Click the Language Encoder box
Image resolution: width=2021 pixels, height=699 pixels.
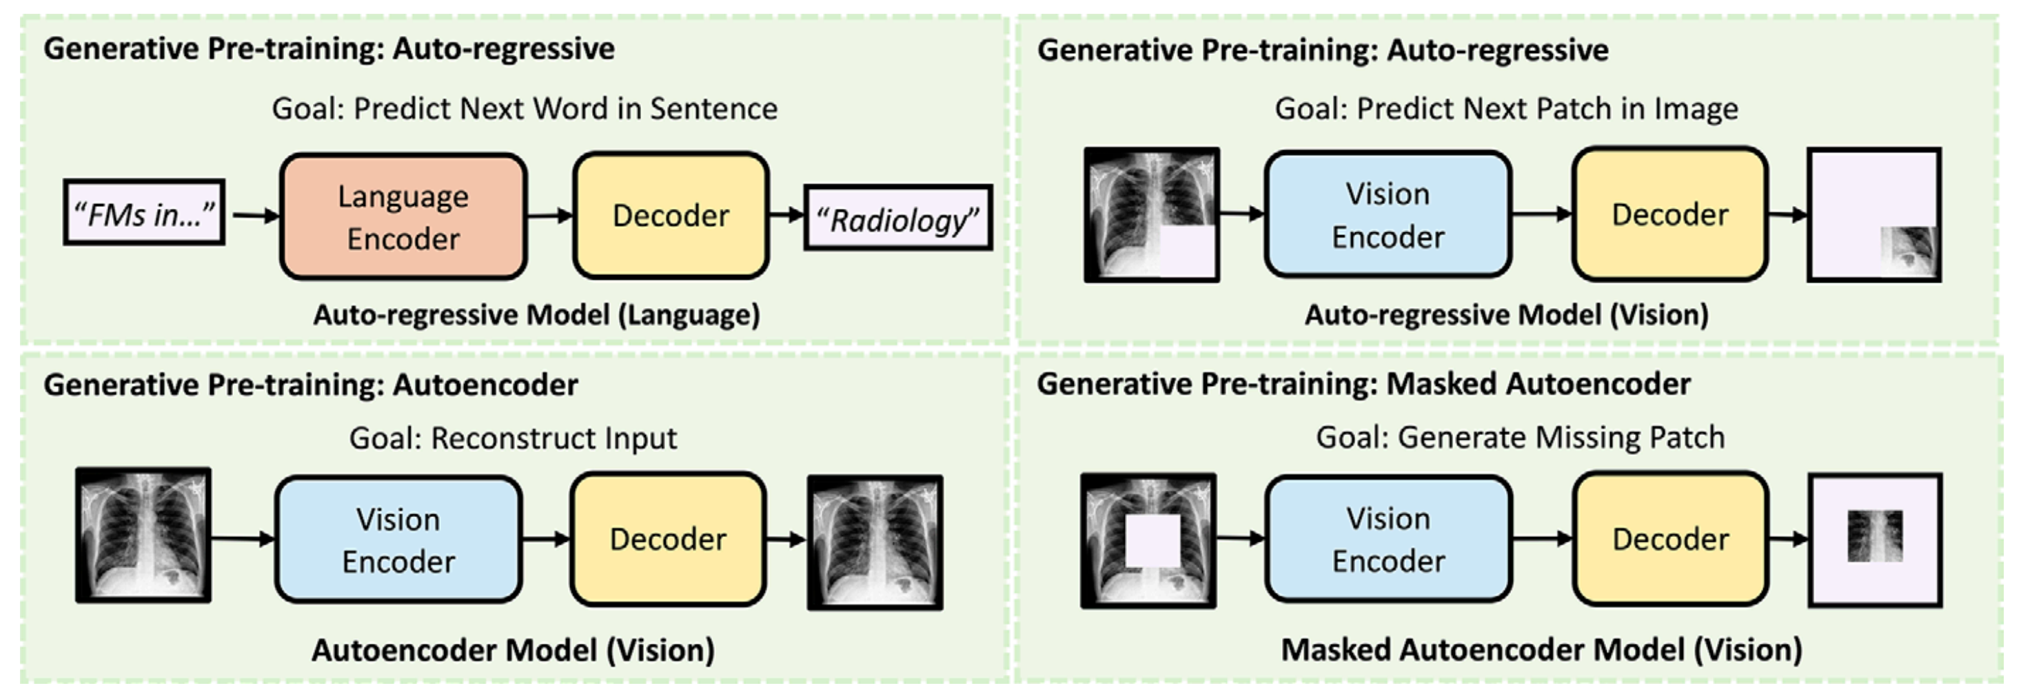(x=403, y=216)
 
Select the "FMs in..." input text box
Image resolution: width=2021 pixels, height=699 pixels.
(x=144, y=212)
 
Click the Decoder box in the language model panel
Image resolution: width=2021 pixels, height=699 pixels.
(x=671, y=216)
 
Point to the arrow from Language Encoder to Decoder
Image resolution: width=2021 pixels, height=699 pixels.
(x=550, y=215)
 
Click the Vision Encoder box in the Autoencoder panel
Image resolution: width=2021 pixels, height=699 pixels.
(x=398, y=540)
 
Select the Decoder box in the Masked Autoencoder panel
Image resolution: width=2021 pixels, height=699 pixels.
(x=1670, y=539)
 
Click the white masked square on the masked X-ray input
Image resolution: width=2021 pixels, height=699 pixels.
(x=1152, y=540)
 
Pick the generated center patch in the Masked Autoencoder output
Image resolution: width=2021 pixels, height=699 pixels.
(x=1875, y=536)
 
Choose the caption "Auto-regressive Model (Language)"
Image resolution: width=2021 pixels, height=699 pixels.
(x=537, y=314)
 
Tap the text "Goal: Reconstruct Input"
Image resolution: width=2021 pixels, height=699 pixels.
(x=513, y=438)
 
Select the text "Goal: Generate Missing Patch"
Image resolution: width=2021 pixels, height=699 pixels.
(x=1521, y=437)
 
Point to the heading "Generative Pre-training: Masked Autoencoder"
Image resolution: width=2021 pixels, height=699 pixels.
(x=1363, y=384)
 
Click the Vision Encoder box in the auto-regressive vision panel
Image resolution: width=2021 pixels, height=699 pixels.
(x=1388, y=215)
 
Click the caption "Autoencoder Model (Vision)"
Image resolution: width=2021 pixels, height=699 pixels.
(x=513, y=649)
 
